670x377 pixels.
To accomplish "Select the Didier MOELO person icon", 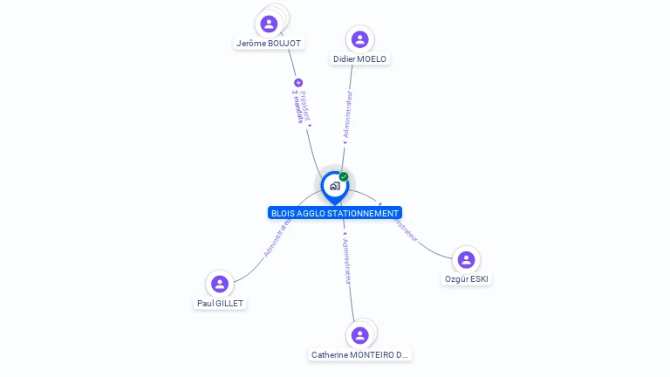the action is coord(359,39).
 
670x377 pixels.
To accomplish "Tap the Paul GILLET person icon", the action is coord(220,284).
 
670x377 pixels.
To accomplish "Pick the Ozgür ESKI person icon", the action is coord(466,259).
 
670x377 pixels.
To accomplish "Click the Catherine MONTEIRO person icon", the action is coord(359,335).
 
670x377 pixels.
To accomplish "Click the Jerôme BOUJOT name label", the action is coord(269,43).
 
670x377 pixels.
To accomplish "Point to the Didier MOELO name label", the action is coord(359,59).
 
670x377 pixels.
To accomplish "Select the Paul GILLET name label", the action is coord(220,304).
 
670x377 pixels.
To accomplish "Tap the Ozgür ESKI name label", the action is coord(466,279).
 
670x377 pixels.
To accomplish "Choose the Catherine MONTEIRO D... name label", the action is coord(359,355).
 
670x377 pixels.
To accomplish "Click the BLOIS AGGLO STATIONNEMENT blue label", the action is coord(335,213).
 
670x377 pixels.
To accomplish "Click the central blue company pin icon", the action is coord(334,186).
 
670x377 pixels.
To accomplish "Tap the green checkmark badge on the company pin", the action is coord(344,176).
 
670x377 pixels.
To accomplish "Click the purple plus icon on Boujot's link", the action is coord(298,83).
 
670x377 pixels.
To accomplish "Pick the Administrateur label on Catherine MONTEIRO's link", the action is coord(346,261).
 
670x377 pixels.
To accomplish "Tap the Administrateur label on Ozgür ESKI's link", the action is coord(402,226).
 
